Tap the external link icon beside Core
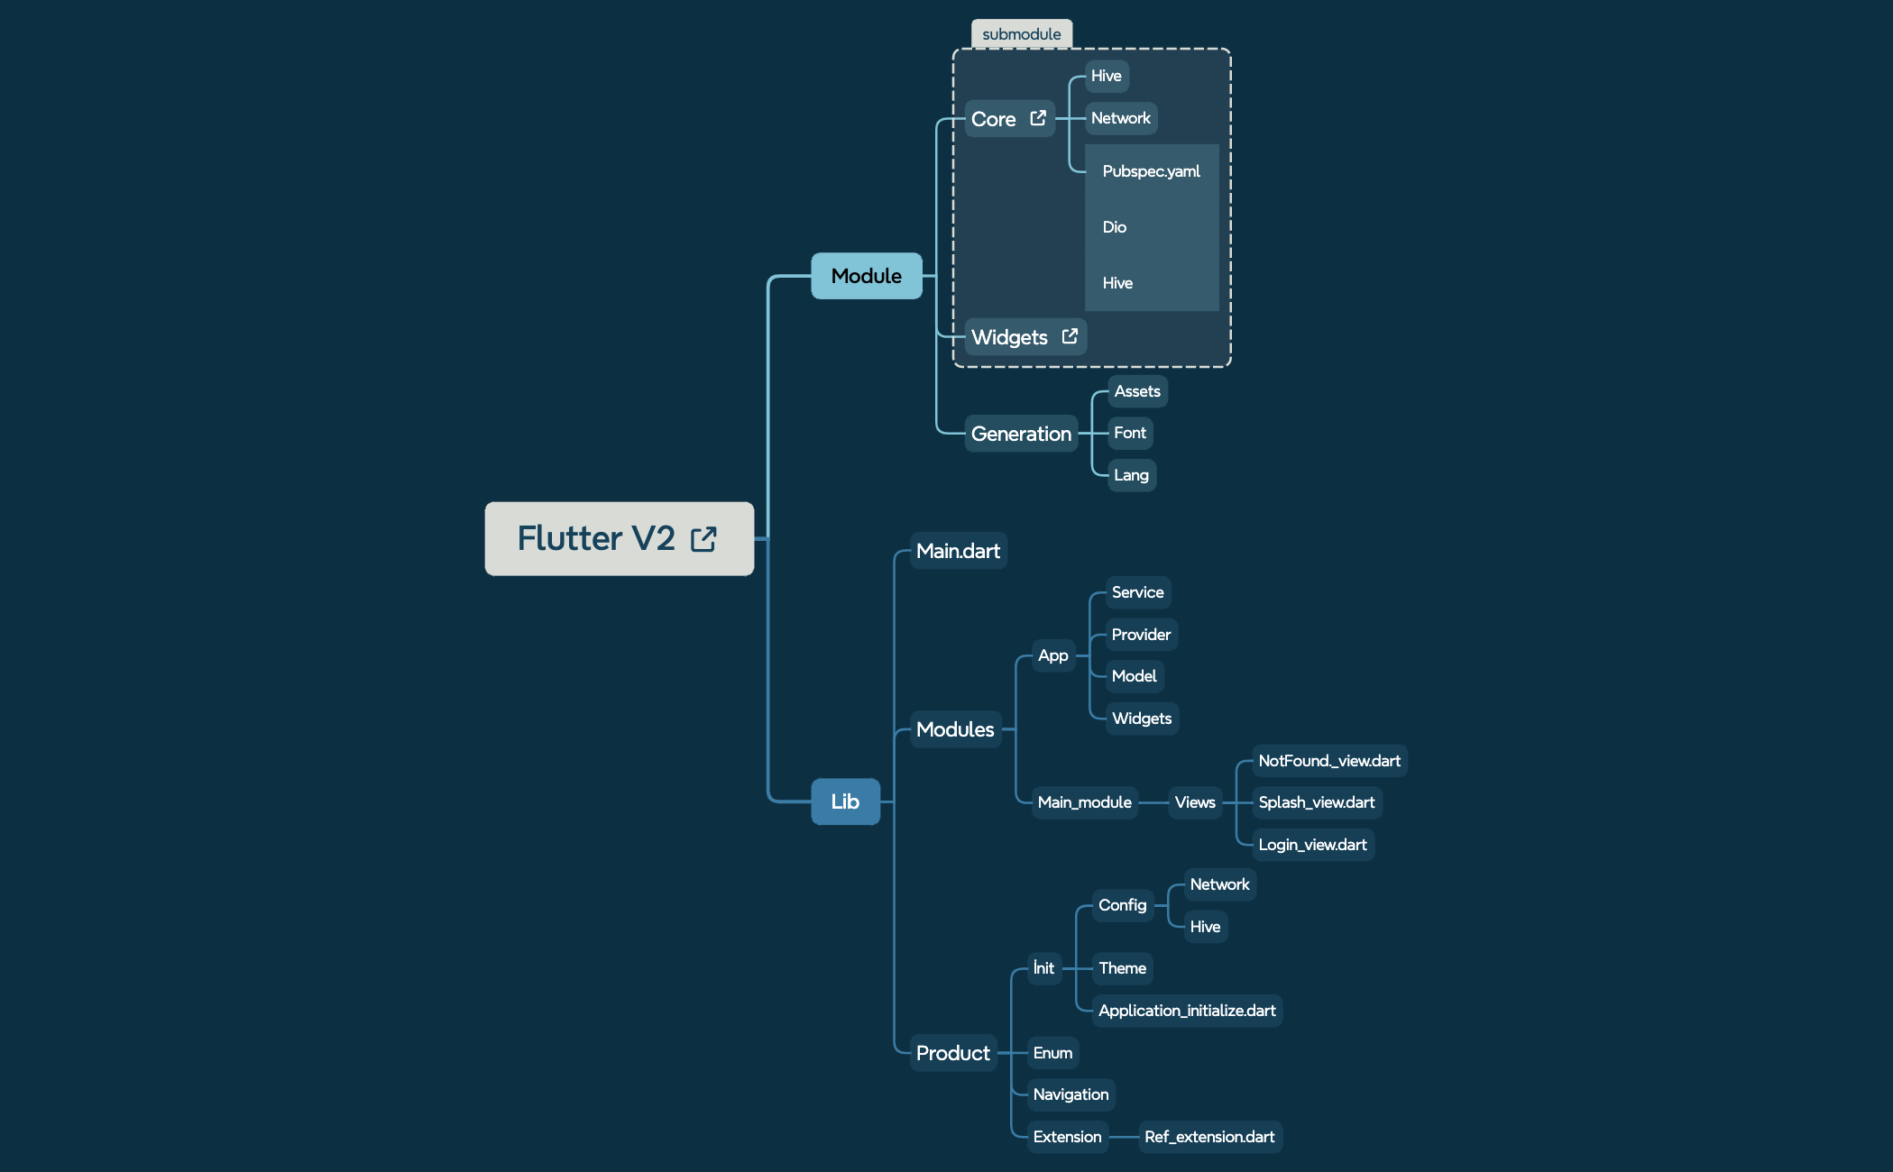pos(1038,118)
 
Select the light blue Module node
pos(866,276)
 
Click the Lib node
pos(845,801)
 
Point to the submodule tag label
pos(1021,34)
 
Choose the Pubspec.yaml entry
pos(1151,171)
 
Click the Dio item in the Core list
pos(1115,227)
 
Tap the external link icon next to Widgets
pos(1070,336)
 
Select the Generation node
pos(1021,434)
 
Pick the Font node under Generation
pos(1129,433)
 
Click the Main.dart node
pos(958,551)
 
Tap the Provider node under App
pos(1141,635)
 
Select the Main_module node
pos(1084,802)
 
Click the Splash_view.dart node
pos(1316,802)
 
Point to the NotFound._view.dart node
pos(1328,761)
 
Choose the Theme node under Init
pos(1122,968)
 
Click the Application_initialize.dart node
pos(1187,1011)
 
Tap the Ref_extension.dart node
pos(1209,1137)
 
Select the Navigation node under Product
pos(1071,1094)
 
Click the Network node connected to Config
pos(1219,884)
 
